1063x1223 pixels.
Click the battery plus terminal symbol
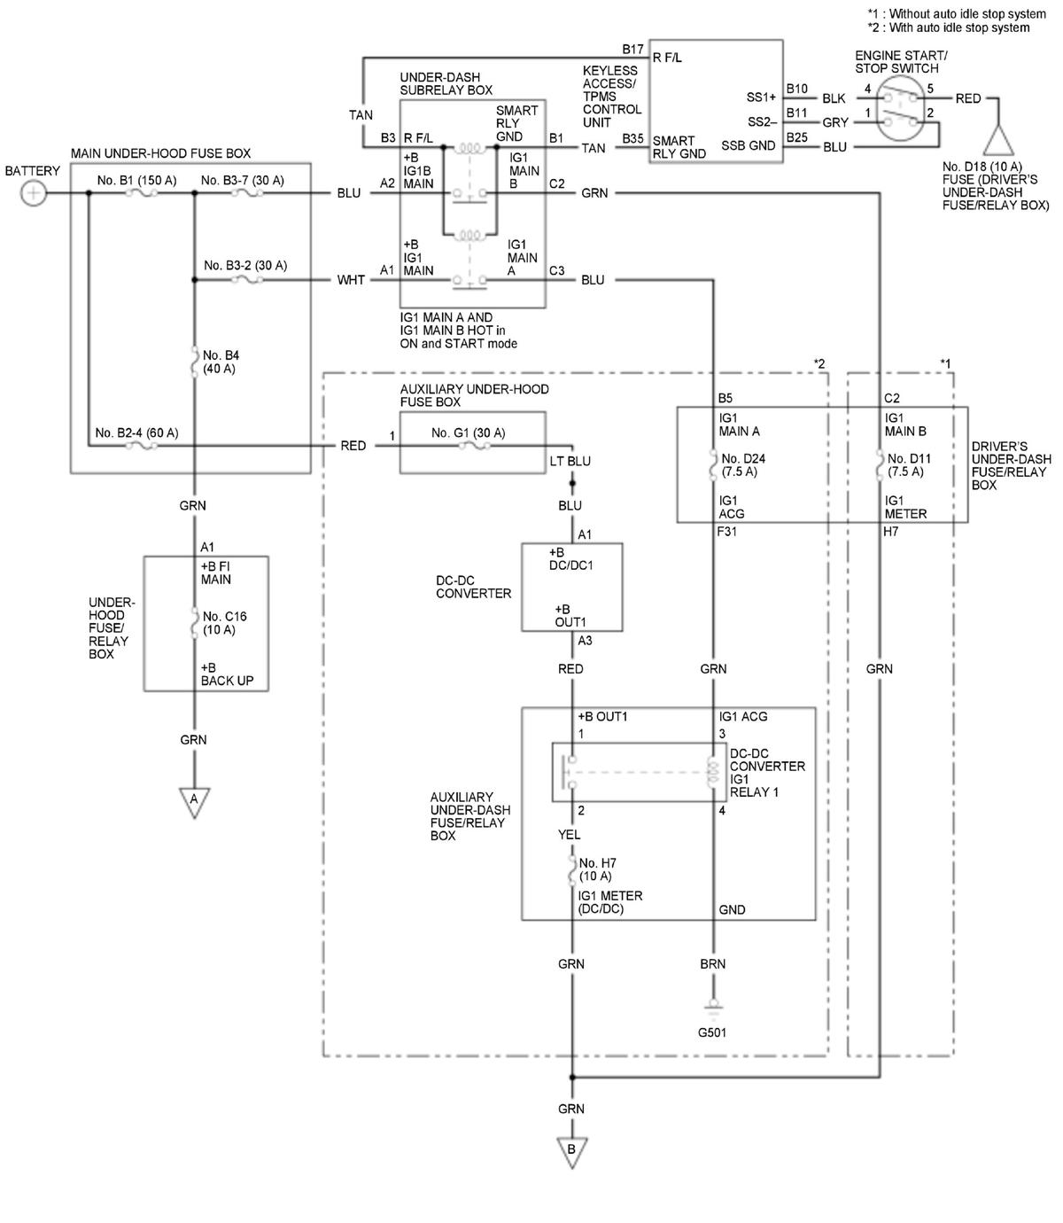pos(34,193)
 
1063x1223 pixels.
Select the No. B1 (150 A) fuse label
pos(136,180)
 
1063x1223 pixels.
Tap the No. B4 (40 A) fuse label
pos(221,362)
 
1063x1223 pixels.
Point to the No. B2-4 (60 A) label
pos(136,432)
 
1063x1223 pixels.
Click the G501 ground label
pos(711,1032)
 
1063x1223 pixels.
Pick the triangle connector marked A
pos(194,801)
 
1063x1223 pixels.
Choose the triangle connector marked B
pos(571,1151)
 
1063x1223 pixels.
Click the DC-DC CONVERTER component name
pos(473,587)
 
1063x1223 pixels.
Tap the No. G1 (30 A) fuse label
pos(468,432)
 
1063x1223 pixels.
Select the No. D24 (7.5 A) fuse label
pos(742,464)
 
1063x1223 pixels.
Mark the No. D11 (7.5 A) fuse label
pos(908,464)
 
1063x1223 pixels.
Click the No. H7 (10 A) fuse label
pos(597,869)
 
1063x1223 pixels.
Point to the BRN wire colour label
pos(712,963)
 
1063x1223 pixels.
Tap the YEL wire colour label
pos(569,834)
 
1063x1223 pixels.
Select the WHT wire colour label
pos(351,280)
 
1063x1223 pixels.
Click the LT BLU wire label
pos(570,461)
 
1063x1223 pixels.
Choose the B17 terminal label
pos(632,49)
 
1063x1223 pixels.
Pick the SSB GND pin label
pos(748,145)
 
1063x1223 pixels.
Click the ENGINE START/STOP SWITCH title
pos(901,61)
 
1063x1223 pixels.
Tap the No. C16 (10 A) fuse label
pos(224,622)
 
